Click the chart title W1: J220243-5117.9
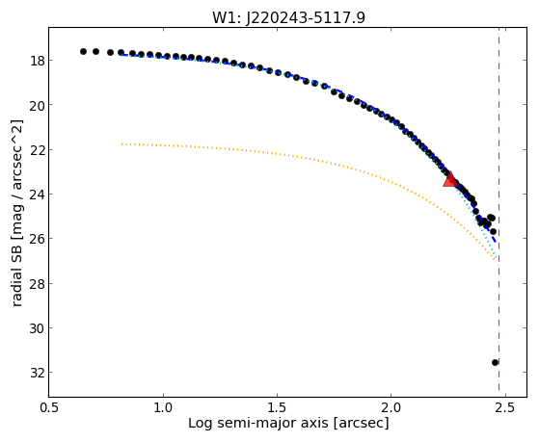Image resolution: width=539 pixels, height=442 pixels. pyautogui.click(x=288, y=17)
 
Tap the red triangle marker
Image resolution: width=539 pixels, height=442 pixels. pyautogui.click(x=450, y=180)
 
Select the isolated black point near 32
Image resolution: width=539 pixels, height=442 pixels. pyautogui.click(x=495, y=362)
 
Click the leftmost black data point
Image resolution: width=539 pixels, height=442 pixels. pyautogui.click(x=83, y=51)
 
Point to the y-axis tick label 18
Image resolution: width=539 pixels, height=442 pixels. pyautogui.click(x=37, y=61)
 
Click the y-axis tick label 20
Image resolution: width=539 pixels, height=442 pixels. pyautogui.click(x=37, y=105)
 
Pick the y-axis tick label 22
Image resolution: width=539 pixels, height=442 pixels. pyautogui.click(x=37, y=149)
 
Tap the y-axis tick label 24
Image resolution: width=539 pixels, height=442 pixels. pyautogui.click(x=37, y=195)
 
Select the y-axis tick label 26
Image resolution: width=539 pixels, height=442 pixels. pyautogui.click(x=37, y=239)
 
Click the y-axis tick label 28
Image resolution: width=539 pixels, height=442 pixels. pyautogui.click(x=37, y=284)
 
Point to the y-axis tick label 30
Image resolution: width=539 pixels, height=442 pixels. pyautogui.click(x=37, y=328)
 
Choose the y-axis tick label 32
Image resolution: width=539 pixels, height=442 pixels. pyautogui.click(x=37, y=373)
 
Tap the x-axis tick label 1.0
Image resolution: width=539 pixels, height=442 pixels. pyautogui.click(x=163, y=407)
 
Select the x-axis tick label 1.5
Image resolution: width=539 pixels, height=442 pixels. pyautogui.click(x=277, y=407)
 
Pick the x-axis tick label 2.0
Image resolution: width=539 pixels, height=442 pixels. pyautogui.click(x=391, y=407)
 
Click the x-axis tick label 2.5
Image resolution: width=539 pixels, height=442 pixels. pyautogui.click(x=504, y=407)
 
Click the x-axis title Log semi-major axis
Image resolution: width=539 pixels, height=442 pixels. pyautogui.click(x=258, y=424)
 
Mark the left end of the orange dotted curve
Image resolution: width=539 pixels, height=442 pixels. pyautogui.click(x=121, y=143)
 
